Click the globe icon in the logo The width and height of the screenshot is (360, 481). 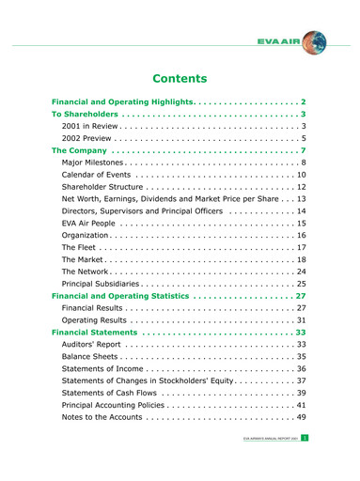pos(315,41)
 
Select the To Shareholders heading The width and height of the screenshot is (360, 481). pos(85,114)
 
